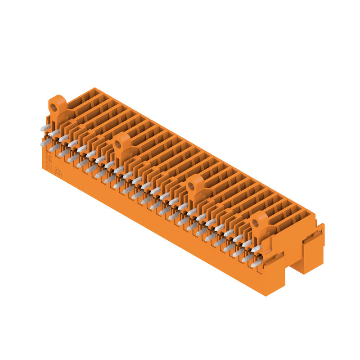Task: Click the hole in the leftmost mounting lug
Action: tap(54, 107)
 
